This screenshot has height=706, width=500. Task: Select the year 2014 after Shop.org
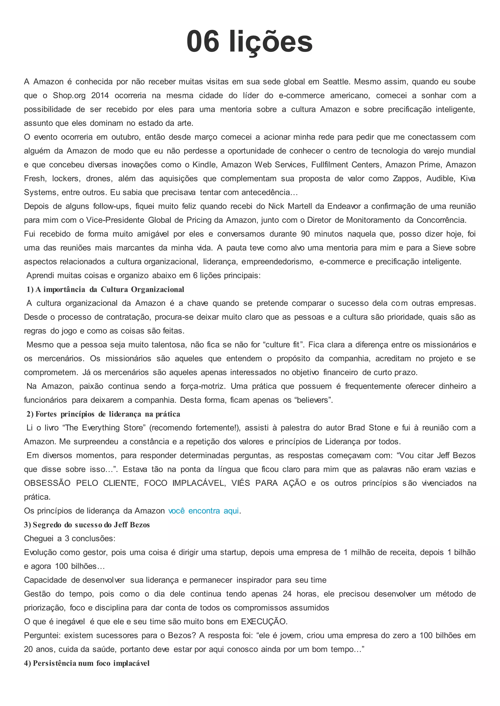click(100, 96)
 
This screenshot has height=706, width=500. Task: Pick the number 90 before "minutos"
click(305, 234)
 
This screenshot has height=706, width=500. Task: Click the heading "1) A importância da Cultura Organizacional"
click(105, 290)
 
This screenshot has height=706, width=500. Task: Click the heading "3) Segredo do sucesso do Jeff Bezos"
click(87, 525)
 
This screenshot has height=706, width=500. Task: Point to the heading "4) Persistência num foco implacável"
click(87, 663)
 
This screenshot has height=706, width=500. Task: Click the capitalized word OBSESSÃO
click(47, 483)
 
